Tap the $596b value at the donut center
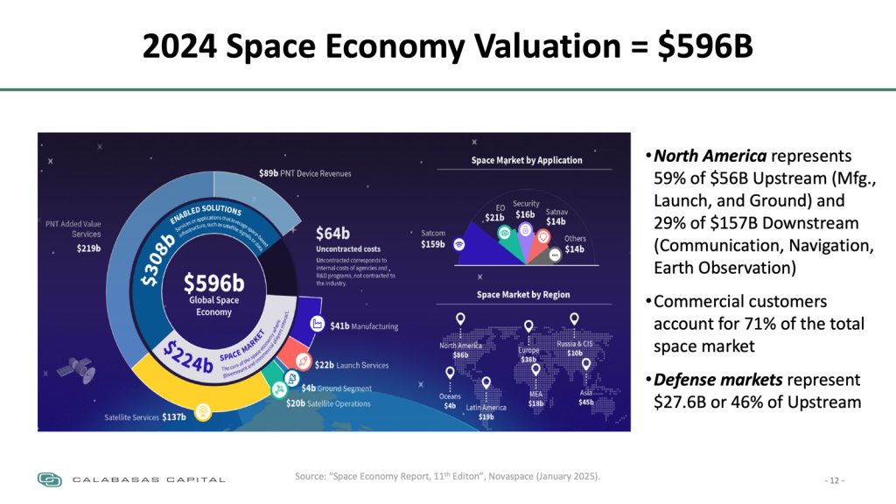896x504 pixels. coord(214,283)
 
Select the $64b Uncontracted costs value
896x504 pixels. coord(332,234)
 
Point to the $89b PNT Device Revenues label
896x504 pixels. coord(305,173)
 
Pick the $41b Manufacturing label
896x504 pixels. coord(364,326)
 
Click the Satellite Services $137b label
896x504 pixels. coord(145,416)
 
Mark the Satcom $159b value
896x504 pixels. coord(432,244)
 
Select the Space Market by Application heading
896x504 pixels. coord(527,160)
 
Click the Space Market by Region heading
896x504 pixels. coord(523,295)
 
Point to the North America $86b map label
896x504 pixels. coord(460,350)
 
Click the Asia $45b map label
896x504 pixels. coord(585,398)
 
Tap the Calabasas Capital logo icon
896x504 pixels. coord(50,479)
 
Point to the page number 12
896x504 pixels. coord(836,480)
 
